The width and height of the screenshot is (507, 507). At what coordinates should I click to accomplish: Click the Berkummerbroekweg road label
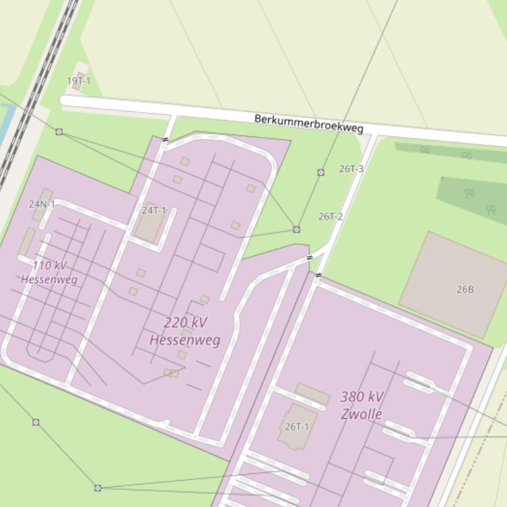coord(309,123)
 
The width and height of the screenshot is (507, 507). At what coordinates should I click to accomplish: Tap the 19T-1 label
coord(78,81)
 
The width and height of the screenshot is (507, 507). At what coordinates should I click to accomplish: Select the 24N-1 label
coord(42,204)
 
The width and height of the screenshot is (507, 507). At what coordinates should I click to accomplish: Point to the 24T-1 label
coord(154,210)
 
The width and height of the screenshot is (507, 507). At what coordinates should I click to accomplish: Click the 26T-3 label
coord(351,169)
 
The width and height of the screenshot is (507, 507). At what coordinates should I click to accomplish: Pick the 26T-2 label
coord(330,216)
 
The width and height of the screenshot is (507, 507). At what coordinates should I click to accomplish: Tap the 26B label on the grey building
coord(465,289)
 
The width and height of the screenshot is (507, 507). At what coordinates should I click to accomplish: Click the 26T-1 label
coord(297,426)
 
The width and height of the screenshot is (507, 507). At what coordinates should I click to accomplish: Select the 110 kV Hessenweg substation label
coord(49,273)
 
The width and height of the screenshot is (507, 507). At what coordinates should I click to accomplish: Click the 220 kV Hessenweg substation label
coord(185,331)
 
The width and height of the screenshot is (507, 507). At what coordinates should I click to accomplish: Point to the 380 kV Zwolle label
coord(362,405)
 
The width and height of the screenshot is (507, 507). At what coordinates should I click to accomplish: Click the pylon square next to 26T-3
coord(321,173)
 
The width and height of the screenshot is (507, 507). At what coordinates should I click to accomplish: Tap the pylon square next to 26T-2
coord(297,229)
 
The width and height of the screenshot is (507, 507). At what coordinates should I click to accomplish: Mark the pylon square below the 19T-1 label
coord(59,132)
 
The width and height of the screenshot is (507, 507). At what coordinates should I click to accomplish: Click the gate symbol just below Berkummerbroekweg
coord(165,140)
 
